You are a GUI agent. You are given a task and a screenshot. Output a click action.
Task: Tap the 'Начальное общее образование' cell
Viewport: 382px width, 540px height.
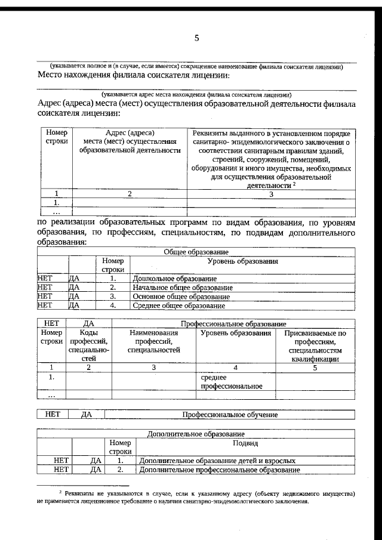pos(183,287)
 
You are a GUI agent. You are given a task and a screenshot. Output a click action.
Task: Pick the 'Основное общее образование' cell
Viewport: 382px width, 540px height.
pos(181,297)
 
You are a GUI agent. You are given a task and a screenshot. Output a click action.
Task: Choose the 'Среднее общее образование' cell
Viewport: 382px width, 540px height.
pos(178,306)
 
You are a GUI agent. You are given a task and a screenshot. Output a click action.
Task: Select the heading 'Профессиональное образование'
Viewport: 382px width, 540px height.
pos(230,323)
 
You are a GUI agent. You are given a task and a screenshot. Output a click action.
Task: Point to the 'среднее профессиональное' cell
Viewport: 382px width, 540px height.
pos(232,381)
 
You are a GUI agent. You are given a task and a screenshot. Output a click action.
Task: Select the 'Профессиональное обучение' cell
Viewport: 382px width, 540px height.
pos(230,415)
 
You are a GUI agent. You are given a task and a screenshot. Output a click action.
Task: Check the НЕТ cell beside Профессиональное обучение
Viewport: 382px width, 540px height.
pos(52,415)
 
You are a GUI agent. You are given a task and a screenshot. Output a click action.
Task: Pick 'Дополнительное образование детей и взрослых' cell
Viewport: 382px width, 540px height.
pos(217,461)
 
